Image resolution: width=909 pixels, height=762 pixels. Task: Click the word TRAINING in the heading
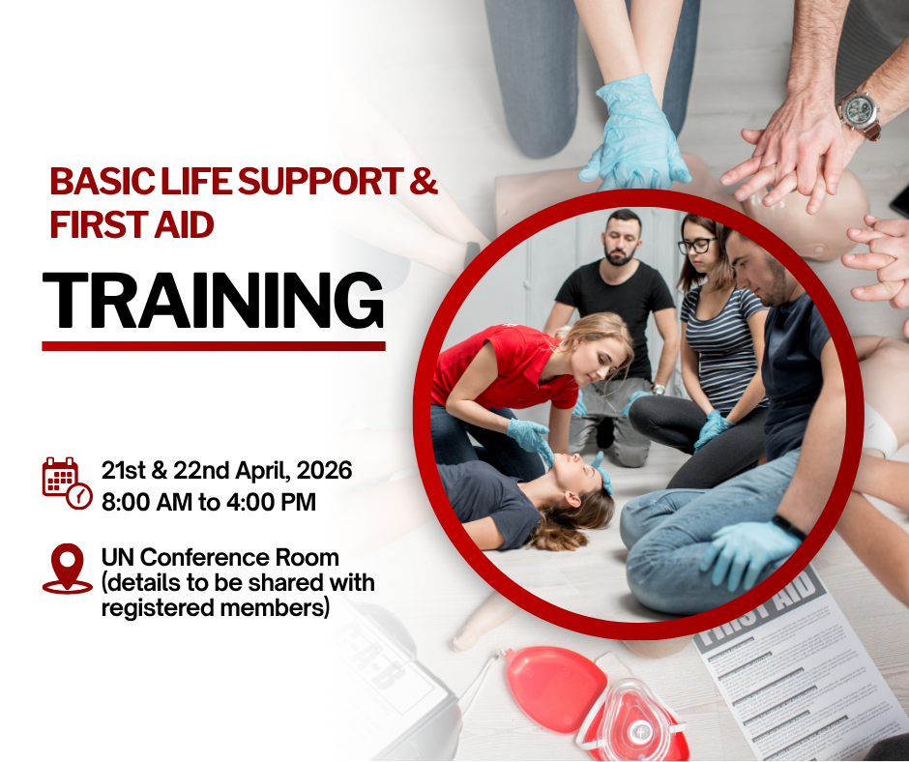(x=213, y=300)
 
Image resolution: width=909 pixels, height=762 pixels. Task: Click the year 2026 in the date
(x=324, y=472)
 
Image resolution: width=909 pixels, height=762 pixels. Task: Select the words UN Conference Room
(x=220, y=558)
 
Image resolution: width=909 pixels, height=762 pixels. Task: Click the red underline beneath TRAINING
(x=213, y=345)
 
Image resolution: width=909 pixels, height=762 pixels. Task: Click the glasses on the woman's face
(x=695, y=246)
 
